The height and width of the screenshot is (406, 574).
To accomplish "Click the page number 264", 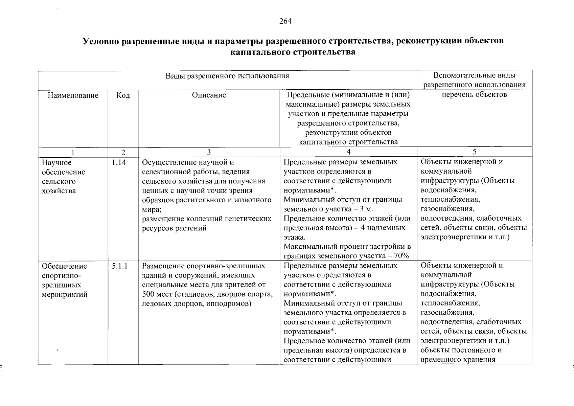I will click(285, 21).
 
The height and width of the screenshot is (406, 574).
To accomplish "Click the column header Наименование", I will click(73, 95).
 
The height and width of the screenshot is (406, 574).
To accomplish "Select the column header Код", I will click(123, 95).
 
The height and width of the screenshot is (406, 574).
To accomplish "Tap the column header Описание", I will click(209, 95).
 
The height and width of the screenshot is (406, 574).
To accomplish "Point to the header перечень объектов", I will click(474, 94).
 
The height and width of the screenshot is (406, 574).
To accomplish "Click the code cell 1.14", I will click(119, 162).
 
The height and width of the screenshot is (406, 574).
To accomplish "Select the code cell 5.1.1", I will click(120, 266).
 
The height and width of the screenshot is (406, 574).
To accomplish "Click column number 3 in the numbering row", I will click(209, 152).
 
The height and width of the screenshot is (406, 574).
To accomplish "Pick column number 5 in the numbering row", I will click(474, 152).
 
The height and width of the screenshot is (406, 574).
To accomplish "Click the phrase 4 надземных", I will click(383, 228).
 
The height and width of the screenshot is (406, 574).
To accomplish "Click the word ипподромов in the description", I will click(233, 303).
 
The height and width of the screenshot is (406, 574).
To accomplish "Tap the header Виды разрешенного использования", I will click(227, 76).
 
